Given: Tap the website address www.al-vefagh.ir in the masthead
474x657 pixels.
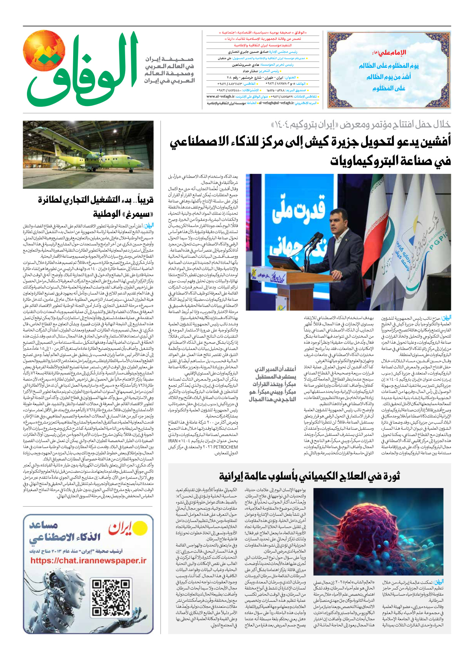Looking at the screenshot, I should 220,97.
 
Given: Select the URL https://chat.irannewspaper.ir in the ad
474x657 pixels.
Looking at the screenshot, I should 88,561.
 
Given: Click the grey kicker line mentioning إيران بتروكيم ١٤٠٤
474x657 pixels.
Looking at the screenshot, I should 360,124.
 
